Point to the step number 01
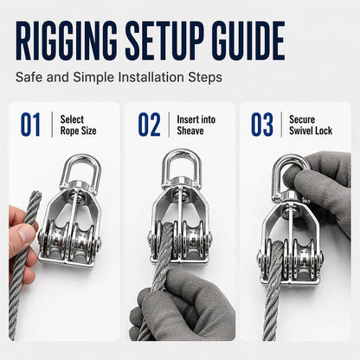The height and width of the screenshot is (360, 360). pyautogui.click(x=30, y=125)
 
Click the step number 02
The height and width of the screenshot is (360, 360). pyautogui.click(x=149, y=125)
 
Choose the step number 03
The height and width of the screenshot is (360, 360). pyautogui.click(x=262, y=125)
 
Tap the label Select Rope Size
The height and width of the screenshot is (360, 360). pyautogui.click(x=78, y=125)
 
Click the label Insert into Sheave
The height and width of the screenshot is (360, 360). pyautogui.click(x=196, y=125)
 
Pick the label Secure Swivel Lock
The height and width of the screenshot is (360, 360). pyautogui.click(x=311, y=125)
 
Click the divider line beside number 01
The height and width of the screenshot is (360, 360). pyautogui.click(x=52, y=125)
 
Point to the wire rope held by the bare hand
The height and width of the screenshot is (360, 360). pyautogui.click(x=24, y=260)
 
